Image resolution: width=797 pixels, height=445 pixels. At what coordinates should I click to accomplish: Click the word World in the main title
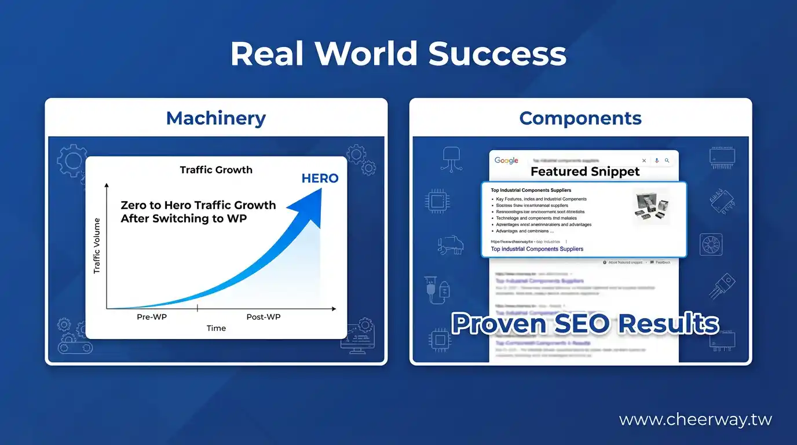(365, 54)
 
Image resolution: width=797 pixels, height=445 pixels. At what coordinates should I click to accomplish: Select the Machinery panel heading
(215, 118)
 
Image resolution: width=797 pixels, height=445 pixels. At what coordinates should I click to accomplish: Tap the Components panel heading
(580, 118)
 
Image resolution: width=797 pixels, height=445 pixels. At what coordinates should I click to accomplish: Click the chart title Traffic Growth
(216, 170)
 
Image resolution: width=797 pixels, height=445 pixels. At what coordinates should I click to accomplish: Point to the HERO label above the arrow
(320, 178)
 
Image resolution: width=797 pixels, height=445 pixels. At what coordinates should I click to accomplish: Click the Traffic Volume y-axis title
(97, 246)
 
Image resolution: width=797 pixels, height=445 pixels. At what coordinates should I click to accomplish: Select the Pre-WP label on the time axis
(151, 316)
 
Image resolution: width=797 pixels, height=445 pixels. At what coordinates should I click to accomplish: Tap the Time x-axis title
(216, 328)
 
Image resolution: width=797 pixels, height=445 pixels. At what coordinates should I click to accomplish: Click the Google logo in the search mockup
(506, 161)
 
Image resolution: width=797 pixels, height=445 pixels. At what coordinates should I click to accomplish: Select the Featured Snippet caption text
(585, 172)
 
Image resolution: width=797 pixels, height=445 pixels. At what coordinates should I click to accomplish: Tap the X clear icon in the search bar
(644, 161)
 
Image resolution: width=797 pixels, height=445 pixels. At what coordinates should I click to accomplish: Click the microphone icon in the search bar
(657, 161)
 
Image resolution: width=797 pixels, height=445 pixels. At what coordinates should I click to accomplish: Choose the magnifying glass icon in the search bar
(667, 161)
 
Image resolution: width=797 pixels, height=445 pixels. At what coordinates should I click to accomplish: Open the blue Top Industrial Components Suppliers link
(537, 249)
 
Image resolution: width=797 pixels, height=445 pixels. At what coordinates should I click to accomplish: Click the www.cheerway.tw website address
(695, 420)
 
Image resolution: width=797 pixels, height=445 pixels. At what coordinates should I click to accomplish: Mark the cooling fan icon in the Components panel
(711, 244)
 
